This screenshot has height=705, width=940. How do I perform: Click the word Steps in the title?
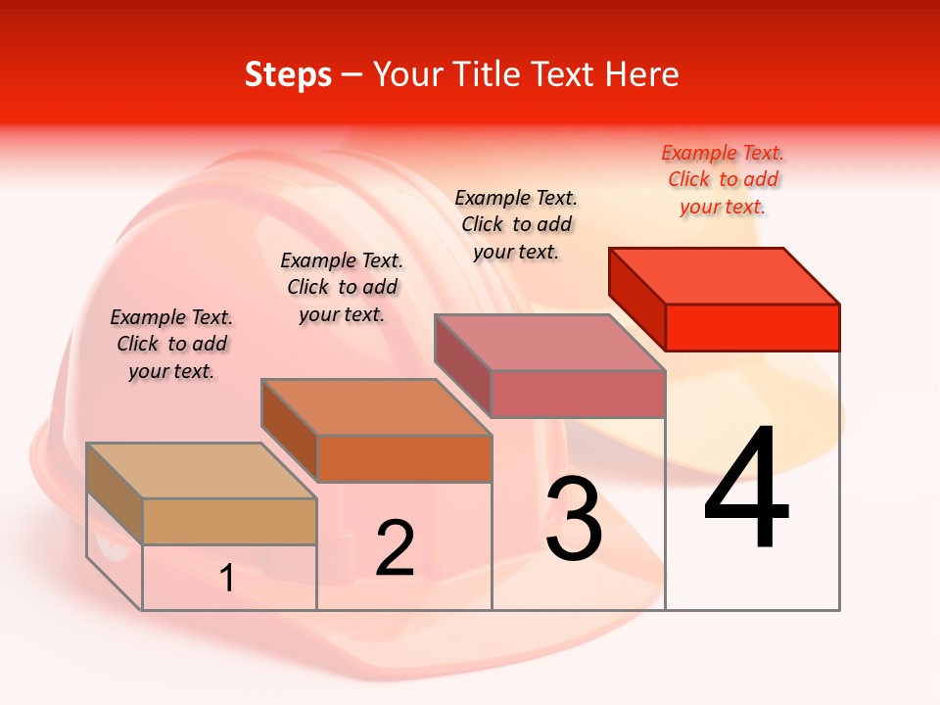pos(288,74)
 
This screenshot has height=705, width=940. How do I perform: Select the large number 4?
pos(746,490)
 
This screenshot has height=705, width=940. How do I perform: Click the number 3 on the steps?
pos(574,519)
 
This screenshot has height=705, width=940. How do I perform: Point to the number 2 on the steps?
pos(395,548)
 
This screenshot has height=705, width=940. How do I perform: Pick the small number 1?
pos(227,579)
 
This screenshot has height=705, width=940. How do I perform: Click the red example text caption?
pos(723,179)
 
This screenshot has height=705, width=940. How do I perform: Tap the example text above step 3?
pos(516,224)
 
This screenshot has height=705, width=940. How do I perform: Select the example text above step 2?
pos(342,287)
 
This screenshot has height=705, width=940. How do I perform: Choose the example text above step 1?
pos(171,344)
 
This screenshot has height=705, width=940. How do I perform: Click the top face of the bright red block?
pos(725,275)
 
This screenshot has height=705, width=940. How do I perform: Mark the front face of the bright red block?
pos(752,327)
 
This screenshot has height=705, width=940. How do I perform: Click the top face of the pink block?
pos(549,342)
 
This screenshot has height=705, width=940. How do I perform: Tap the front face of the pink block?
pos(578,394)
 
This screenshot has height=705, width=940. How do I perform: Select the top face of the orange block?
pos(375,406)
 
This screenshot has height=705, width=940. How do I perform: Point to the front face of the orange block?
pos(404,458)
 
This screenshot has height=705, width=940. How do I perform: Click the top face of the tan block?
pos(201,471)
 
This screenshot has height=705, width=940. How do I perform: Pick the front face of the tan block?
pos(229,521)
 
